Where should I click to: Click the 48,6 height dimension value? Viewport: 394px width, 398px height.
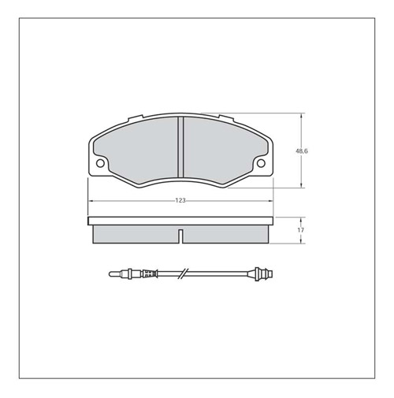tap(302, 151)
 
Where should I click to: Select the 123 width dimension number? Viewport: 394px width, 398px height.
tap(180, 200)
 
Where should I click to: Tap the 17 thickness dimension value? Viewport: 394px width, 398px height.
tap(301, 230)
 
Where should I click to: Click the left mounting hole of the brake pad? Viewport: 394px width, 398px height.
tap(100, 163)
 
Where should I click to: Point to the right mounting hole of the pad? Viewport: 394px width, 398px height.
tap(261, 163)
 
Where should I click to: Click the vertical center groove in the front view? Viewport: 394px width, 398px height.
tap(180, 147)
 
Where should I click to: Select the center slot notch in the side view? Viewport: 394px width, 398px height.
tap(180, 236)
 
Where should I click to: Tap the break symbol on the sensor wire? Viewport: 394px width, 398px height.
tap(184, 274)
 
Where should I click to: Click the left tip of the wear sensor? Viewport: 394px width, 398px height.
tap(110, 274)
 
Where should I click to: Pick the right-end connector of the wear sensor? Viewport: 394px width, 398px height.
tap(264, 273)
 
